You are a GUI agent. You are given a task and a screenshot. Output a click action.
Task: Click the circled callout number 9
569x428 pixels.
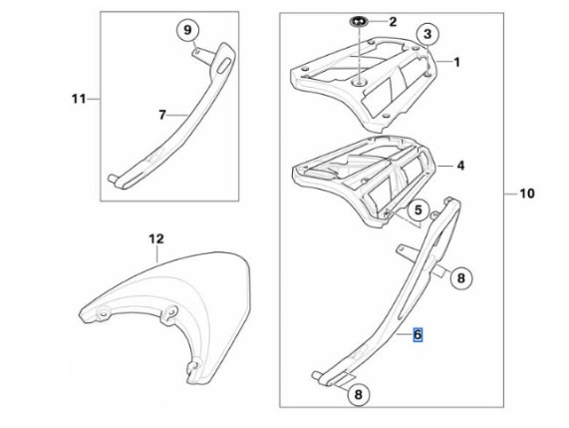pyautogui.click(x=187, y=30)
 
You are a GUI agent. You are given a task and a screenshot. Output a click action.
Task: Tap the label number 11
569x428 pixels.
pyautogui.click(x=79, y=99)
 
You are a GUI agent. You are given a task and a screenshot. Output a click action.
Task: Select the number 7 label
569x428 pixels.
pyautogui.click(x=162, y=115)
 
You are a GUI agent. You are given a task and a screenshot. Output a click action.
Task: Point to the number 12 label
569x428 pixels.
pyautogui.click(x=156, y=238)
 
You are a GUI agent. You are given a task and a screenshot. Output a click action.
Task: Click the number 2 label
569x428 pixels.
pyautogui.click(x=393, y=22)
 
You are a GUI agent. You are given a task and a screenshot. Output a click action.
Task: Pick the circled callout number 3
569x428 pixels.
pyautogui.click(x=427, y=34)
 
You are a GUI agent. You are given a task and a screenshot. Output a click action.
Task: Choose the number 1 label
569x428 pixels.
pyautogui.click(x=456, y=62)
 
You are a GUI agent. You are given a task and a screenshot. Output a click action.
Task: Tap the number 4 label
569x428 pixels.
pyautogui.click(x=460, y=166)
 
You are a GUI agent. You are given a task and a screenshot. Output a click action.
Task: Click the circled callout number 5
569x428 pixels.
pyautogui.click(x=419, y=210)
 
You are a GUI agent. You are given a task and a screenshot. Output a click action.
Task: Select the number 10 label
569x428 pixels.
pyautogui.click(x=527, y=194)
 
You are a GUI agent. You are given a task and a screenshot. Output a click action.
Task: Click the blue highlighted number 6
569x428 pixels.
pyautogui.click(x=419, y=334)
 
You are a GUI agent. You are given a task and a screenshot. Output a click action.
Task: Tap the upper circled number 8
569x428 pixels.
pyautogui.click(x=460, y=278)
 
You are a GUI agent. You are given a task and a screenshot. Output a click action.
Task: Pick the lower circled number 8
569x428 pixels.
pyautogui.click(x=358, y=394)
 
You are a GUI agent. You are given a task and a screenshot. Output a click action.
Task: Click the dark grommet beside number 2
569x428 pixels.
pyautogui.click(x=359, y=22)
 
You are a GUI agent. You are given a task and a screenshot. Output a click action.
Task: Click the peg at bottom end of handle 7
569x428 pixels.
pyautogui.click(x=113, y=178)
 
